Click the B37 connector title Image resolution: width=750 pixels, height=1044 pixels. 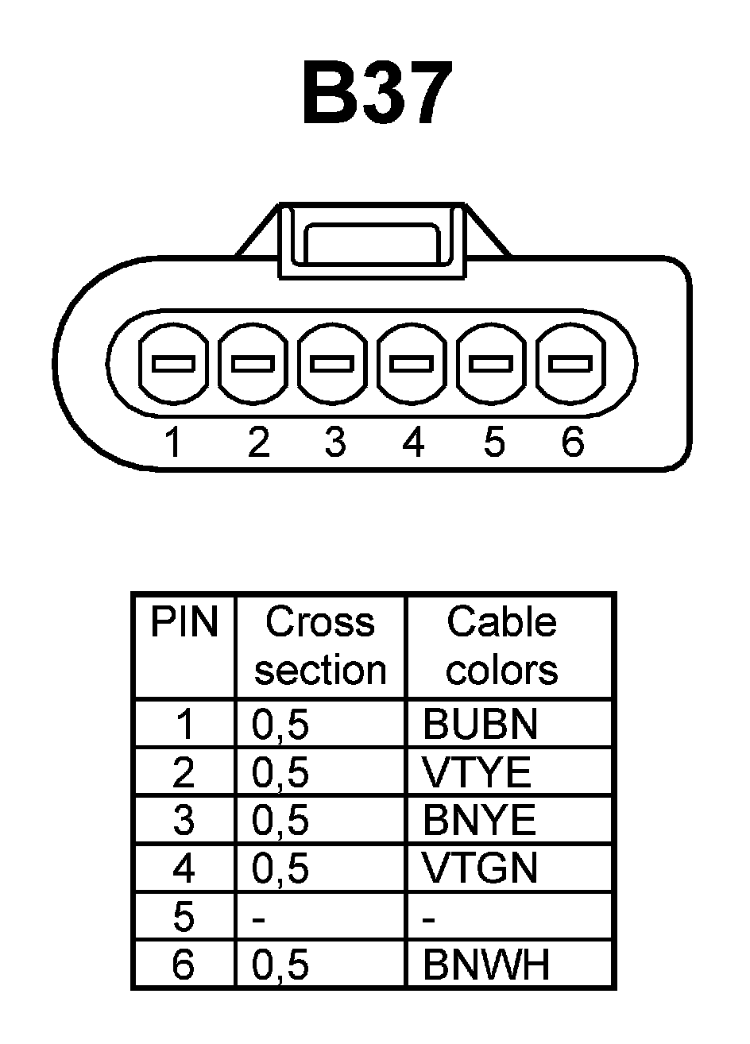[x=377, y=94]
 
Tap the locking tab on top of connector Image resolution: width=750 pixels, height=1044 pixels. [x=371, y=240]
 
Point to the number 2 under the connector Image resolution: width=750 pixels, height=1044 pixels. [x=258, y=441]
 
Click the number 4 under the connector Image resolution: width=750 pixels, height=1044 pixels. [x=413, y=441]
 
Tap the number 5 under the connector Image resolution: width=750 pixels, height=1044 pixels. [x=493, y=441]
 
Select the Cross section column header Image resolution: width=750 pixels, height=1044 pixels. [x=320, y=645]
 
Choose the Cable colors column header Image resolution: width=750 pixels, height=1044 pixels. [x=501, y=645]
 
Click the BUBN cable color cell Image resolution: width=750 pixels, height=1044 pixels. [x=480, y=724]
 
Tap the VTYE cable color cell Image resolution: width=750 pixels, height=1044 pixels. [x=477, y=772]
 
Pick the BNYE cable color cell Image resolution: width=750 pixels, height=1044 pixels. [x=479, y=820]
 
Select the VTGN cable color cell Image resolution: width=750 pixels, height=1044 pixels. [x=480, y=868]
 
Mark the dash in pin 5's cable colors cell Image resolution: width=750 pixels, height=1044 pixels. [x=430, y=919]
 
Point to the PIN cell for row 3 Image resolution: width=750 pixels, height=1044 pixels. [x=184, y=820]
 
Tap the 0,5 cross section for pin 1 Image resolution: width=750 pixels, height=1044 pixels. [x=280, y=724]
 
